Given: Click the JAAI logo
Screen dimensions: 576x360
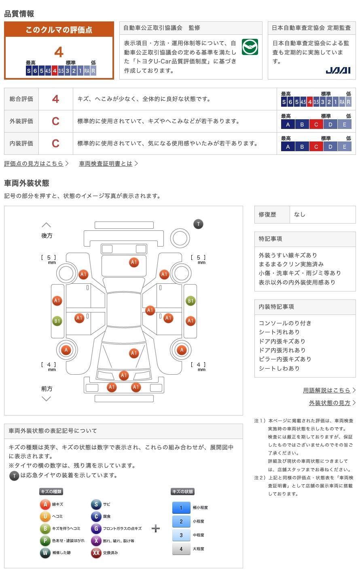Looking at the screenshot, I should pyautogui.click(x=338, y=70).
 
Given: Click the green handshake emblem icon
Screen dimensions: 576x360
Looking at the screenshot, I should pyautogui.click(x=250, y=47).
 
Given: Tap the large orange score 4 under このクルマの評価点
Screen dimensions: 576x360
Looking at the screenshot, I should pyautogui.click(x=59, y=52).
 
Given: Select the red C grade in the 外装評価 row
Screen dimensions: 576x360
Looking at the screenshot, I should pyautogui.click(x=55, y=121).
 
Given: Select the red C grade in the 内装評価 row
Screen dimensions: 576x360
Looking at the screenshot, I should pyautogui.click(x=55, y=143).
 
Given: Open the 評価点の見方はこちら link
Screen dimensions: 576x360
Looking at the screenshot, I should pyautogui.click(x=34, y=163).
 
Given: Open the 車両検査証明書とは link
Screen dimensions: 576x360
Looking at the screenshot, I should pyautogui.click(x=106, y=163).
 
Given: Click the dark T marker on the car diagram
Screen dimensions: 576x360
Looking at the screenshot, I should pyautogui.click(x=198, y=224).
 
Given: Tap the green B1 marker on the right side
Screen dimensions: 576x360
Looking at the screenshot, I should pyautogui.click(x=190, y=301).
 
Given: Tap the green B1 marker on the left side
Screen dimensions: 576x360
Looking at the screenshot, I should pyautogui.click(x=57, y=321).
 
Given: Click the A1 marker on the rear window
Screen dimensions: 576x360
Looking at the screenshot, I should pyautogui.click(x=134, y=262).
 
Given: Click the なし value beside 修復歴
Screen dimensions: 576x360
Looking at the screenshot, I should pyautogui.click(x=300, y=215).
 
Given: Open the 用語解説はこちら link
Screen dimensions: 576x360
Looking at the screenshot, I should pyautogui.click(x=326, y=390).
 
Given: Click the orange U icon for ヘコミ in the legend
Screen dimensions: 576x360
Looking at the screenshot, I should pyautogui.click(x=45, y=516).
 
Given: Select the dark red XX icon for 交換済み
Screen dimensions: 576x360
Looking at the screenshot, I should pyautogui.click(x=96, y=553).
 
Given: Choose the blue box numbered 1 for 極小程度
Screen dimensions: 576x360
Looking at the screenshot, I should pyautogui.click(x=181, y=508).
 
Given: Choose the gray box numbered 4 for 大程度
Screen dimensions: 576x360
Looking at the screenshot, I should pyautogui.click(x=181, y=549).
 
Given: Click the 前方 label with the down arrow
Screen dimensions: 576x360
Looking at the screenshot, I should pyautogui.click(x=47, y=389).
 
